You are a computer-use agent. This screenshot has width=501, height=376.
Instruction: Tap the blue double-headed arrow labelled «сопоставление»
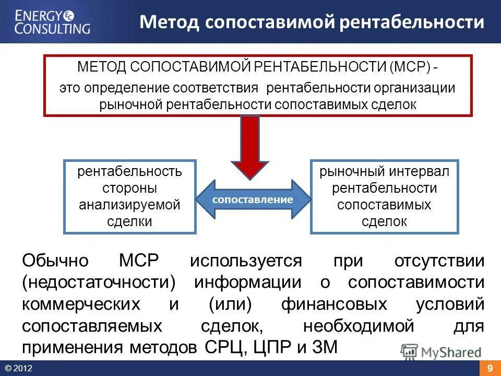coord(253,199)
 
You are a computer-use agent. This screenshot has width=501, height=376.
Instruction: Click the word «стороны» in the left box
coord(129,187)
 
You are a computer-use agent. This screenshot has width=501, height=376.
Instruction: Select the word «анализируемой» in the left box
coord(129,204)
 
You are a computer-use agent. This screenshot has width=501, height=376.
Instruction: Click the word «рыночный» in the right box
coord(351,171)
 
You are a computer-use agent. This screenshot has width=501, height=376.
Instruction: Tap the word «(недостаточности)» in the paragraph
coord(98,282)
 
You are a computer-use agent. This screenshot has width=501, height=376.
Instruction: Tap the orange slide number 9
coord(490,369)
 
